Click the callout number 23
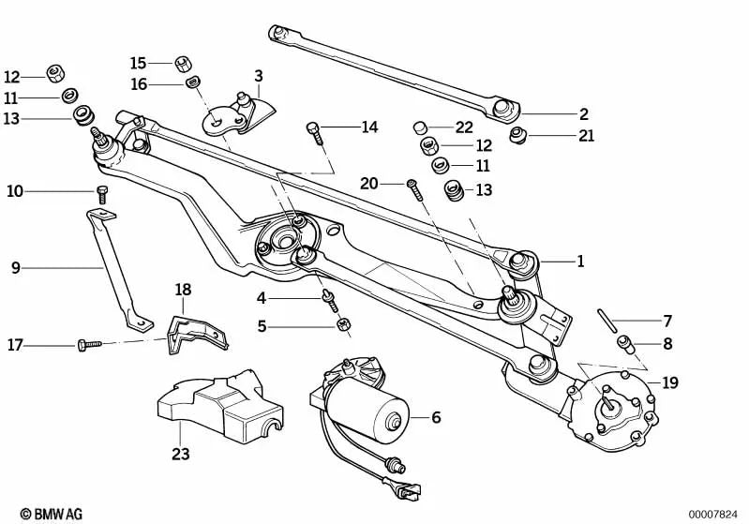(180, 454)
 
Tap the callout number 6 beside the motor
(436, 418)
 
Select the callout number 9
(15, 268)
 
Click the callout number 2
(583, 114)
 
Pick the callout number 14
(369, 127)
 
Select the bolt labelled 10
(102, 195)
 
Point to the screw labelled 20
(414, 188)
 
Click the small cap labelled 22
(422, 126)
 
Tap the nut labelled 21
(516, 137)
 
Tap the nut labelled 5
(343, 326)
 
